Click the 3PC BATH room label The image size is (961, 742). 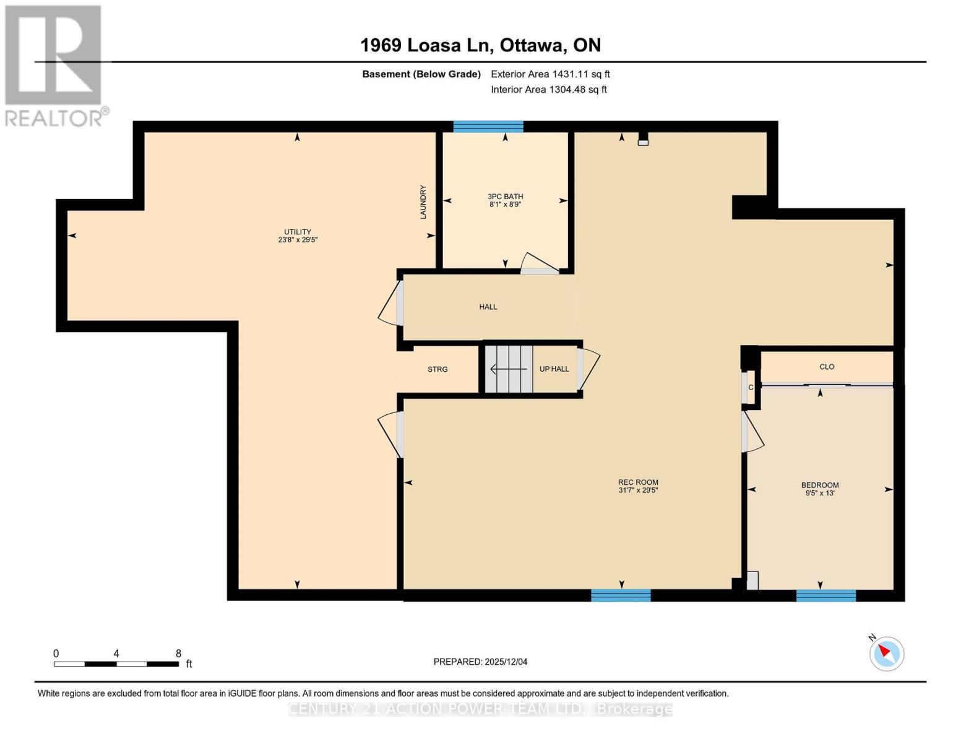pyautogui.click(x=505, y=197)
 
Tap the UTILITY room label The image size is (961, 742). pyautogui.click(x=298, y=232)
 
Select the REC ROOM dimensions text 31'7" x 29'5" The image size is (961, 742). pyautogui.click(x=638, y=490)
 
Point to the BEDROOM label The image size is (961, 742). pyautogui.click(x=820, y=485)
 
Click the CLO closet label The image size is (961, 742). pyautogui.click(x=827, y=367)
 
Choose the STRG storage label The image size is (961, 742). pyautogui.click(x=437, y=369)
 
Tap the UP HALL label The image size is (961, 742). pyautogui.click(x=554, y=369)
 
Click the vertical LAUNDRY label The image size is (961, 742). pyautogui.click(x=423, y=202)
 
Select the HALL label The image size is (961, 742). pyautogui.click(x=488, y=307)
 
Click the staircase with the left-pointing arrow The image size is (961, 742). pyautogui.click(x=508, y=369)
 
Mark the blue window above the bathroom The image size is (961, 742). pyautogui.click(x=488, y=127)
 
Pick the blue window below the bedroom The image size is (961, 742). pyautogui.click(x=825, y=595)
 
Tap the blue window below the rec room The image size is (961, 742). pyautogui.click(x=621, y=595)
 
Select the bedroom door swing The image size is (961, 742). pyautogui.click(x=752, y=432)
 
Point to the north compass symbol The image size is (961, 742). pyautogui.click(x=886, y=652)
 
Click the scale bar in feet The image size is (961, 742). pyautogui.click(x=116, y=663)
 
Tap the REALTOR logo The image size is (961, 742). pyautogui.click(x=54, y=66)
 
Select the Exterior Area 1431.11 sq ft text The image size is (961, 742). pyautogui.click(x=550, y=74)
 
